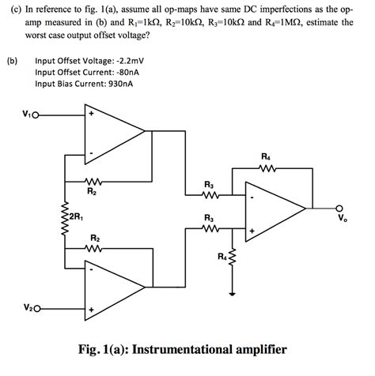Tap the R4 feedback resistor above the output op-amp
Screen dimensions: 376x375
point(267,168)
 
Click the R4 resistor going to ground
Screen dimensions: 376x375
point(232,257)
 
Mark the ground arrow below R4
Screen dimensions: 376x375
point(232,291)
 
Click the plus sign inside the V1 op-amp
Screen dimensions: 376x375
point(91,113)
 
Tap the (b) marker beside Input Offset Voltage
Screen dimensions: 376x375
point(10,60)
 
